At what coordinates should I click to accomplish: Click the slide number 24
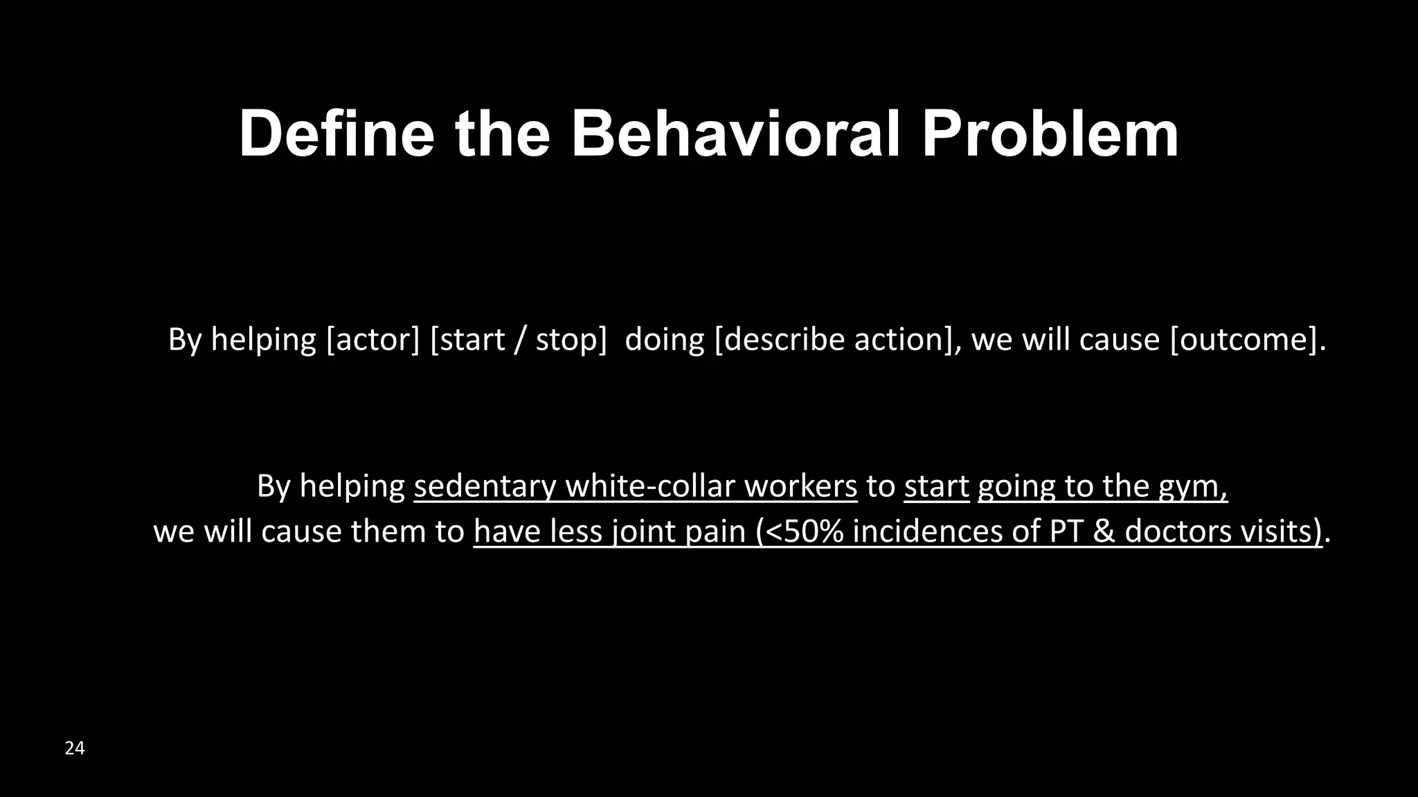[75, 748]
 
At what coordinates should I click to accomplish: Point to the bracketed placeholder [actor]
[373, 340]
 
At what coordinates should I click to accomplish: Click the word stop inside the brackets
[566, 340]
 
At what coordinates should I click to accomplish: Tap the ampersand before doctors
[1106, 531]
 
